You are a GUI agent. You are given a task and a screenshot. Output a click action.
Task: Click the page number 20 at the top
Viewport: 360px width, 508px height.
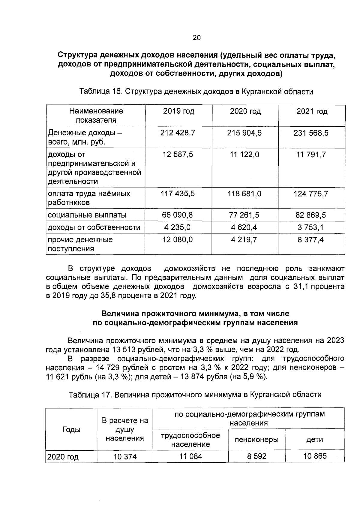[196, 38]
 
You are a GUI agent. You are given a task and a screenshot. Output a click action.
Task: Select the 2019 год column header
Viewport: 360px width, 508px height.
[178, 111]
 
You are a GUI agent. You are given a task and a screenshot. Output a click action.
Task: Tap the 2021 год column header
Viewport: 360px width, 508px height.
[312, 112]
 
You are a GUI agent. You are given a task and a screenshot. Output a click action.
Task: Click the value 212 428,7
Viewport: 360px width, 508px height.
[178, 133]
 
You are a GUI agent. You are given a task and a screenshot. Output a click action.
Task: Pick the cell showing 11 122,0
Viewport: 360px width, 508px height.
[244, 155]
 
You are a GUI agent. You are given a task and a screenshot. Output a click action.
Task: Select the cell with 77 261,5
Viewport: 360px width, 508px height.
[244, 215]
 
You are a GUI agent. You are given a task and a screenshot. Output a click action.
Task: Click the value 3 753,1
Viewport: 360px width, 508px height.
[311, 227]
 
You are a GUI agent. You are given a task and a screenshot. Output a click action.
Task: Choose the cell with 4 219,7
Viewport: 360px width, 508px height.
[244, 240]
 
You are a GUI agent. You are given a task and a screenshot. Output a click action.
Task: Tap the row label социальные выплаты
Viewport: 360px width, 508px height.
[87, 215]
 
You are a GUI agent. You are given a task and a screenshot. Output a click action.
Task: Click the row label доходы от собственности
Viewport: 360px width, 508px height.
[94, 227]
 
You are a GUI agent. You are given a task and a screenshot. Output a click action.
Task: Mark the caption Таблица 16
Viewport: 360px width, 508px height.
[99, 92]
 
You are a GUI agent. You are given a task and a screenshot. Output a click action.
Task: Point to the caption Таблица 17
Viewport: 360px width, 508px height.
[89, 394]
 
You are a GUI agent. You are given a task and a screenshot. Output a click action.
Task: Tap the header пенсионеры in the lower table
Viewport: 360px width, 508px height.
[256, 440]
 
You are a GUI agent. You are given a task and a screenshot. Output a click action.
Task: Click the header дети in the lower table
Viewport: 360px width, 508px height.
[314, 440]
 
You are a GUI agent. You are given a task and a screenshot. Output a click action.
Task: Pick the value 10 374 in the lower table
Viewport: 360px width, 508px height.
[125, 457]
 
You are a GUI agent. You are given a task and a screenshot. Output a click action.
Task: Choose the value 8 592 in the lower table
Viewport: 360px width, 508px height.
[256, 457]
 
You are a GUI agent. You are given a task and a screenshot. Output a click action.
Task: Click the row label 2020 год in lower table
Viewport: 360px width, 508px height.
[63, 457]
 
